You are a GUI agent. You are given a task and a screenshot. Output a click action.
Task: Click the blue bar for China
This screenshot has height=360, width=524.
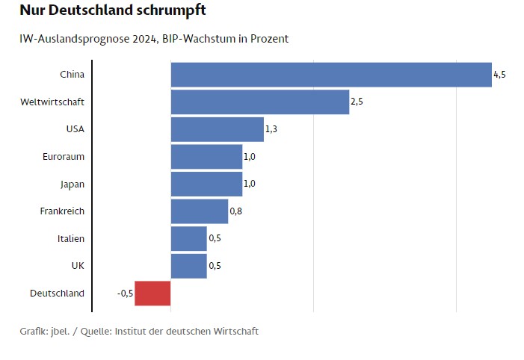tap(331, 75)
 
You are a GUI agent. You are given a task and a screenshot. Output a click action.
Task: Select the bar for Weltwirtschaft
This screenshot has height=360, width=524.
tap(260, 102)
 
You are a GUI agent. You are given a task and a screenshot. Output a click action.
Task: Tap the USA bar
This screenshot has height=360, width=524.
tap(218, 129)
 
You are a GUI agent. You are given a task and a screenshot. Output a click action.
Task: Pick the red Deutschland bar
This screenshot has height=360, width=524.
tap(153, 293)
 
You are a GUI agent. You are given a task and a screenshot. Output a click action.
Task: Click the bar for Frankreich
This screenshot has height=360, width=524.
tap(200, 211)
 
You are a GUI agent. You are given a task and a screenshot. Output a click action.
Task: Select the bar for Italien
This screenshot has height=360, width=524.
tap(189, 238)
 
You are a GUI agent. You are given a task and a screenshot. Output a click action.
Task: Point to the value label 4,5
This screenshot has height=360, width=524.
tap(499, 75)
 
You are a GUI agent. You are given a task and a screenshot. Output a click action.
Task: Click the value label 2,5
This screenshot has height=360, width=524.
tap(357, 102)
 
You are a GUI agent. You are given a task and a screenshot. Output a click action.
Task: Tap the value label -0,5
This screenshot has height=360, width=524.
tap(125, 294)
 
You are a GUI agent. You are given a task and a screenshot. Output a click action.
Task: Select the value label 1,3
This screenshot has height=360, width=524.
tap(271, 129)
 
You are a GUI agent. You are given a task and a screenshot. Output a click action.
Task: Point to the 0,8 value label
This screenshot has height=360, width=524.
tap(235, 211)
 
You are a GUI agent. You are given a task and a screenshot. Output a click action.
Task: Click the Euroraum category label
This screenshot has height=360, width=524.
tap(64, 156)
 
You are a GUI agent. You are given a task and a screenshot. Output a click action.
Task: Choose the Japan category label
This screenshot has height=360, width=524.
tap(73, 184)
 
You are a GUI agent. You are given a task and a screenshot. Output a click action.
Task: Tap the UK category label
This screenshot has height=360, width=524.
tap(78, 265)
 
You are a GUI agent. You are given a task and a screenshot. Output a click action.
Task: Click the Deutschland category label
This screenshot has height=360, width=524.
tap(58, 293)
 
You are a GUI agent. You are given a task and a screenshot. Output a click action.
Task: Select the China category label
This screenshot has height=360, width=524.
tap(72, 74)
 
